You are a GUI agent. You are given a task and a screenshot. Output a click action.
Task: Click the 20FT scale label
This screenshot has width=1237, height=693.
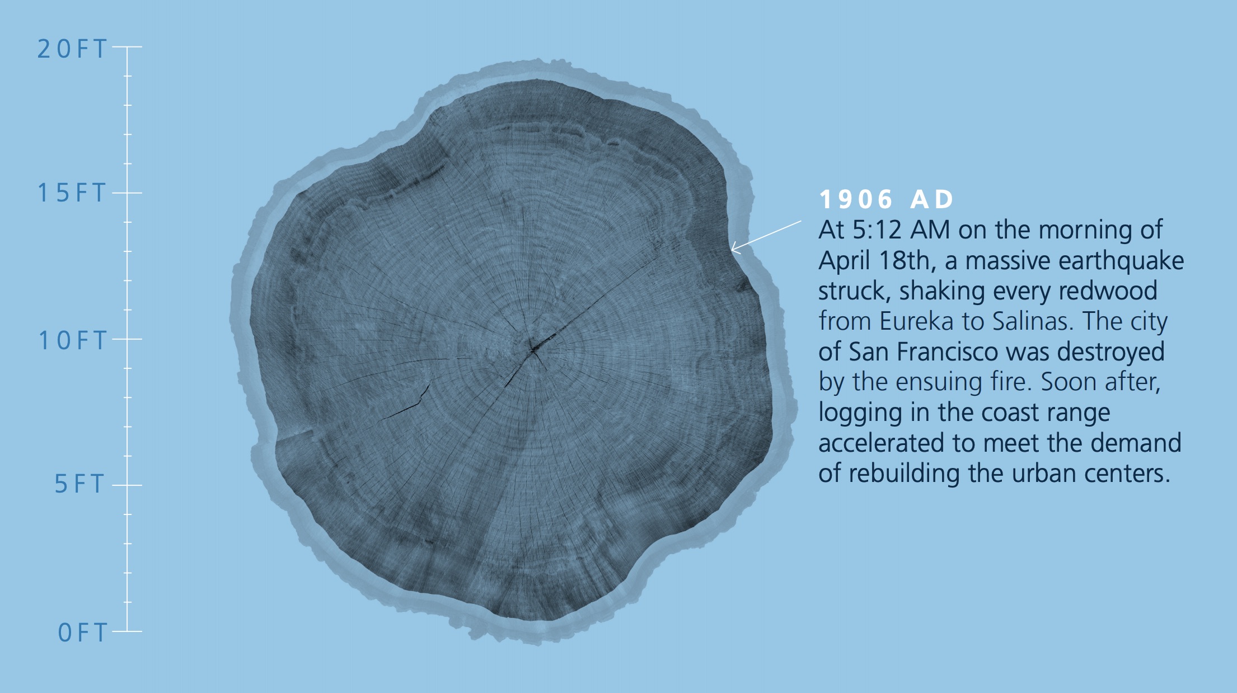point(72,49)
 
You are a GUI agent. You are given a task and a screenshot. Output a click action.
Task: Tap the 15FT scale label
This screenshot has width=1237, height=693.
point(72,193)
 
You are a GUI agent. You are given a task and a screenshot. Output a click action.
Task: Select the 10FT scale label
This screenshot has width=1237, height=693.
point(72,340)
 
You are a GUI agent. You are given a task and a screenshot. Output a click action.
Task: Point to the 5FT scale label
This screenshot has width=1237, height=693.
point(80,484)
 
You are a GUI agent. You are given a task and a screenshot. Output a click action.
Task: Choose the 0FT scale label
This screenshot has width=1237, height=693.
point(82,633)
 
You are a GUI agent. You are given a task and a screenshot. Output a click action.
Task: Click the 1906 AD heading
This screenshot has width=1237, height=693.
point(887,199)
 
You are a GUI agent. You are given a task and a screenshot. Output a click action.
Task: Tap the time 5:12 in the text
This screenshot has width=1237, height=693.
point(878,230)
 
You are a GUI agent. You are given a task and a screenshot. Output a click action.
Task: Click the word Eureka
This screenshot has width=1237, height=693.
point(917,321)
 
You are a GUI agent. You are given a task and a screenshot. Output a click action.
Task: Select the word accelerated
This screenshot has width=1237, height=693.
point(882,443)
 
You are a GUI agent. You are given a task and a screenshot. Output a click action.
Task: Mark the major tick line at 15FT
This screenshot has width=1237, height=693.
point(127,193)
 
